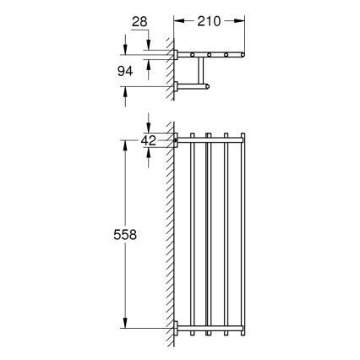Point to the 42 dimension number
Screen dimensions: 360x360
coord(149,140)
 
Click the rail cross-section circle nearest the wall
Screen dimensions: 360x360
coord(194,57)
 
